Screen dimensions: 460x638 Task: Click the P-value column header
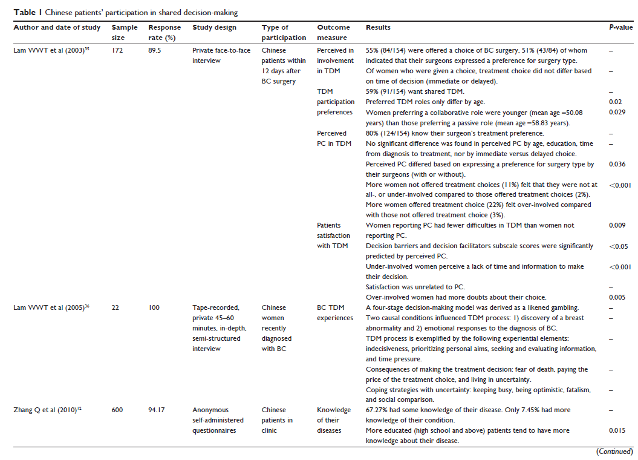point(620,28)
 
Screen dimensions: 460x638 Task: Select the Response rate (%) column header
point(164,32)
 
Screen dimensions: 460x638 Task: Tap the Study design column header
point(214,28)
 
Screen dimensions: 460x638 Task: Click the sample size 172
point(117,51)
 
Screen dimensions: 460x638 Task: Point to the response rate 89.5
point(156,51)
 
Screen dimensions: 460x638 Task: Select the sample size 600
point(117,410)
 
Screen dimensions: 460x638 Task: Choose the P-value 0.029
point(617,113)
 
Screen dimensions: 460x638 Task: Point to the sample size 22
point(115,307)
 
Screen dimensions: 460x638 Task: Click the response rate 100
point(154,307)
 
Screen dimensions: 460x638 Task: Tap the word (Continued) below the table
point(614,452)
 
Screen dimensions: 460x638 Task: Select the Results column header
point(378,28)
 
